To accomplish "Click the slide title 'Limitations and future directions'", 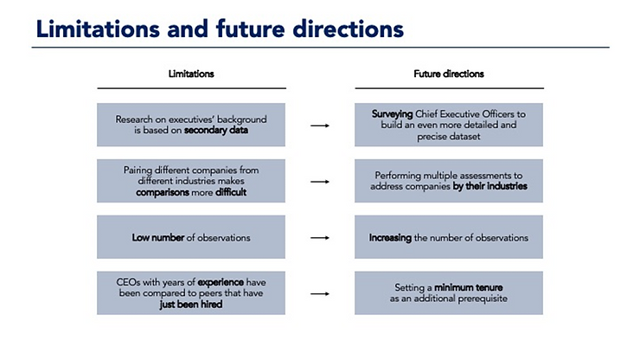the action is [x=220, y=29].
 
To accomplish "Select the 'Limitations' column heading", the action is [x=191, y=74].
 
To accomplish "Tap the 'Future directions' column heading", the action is [x=449, y=74].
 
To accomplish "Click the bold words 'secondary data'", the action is [x=216, y=131].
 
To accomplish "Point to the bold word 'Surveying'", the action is [x=392, y=114].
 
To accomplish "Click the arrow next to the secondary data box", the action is [x=320, y=125].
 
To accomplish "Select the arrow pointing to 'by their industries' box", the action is [x=320, y=182].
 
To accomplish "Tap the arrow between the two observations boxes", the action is [x=320, y=237].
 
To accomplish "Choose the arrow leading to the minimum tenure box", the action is [x=320, y=293].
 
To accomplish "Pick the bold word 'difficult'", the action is [x=231, y=192].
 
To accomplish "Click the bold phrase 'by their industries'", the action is [x=490, y=186].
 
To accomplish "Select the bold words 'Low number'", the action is [x=158, y=237].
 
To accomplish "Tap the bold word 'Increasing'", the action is [x=390, y=238].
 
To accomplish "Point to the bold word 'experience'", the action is [x=221, y=282].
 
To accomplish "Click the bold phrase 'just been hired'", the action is [x=191, y=305].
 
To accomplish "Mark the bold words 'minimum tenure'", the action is [x=468, y=287].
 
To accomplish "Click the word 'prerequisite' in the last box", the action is [x=483, y=299].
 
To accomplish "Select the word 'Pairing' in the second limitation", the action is [x=138, y=170].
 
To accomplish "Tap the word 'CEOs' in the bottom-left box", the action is [x=128, y=282].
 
